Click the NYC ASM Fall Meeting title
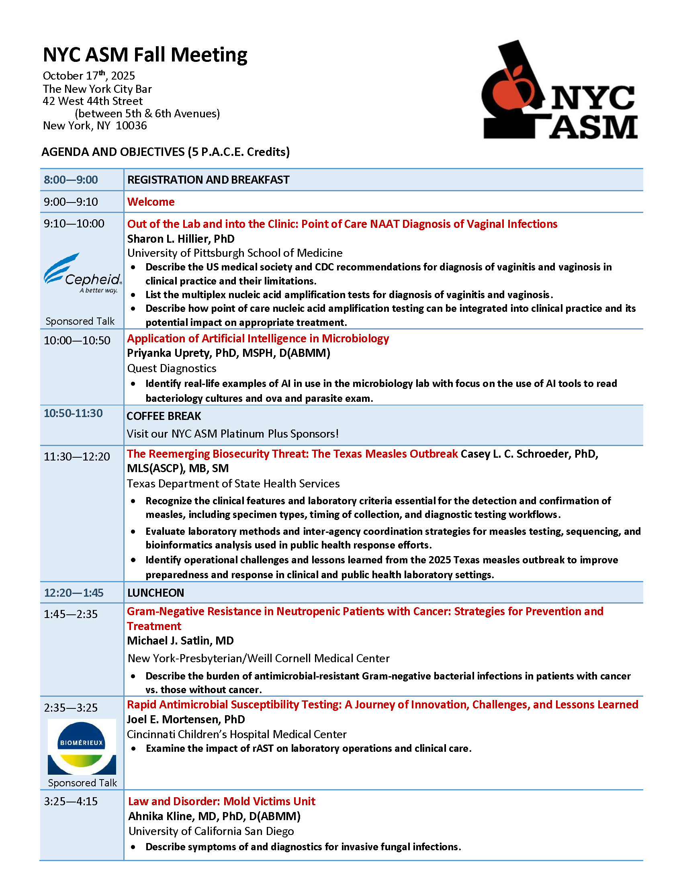click(145, 55)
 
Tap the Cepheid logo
click(82, 273)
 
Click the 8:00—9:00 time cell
click(71, 180)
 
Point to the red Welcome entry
click(151, 202)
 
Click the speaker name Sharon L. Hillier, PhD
click(181, 239)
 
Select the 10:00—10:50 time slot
click(77, 340)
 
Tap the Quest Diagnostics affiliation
click(172, 368)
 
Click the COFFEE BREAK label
click(164, 416)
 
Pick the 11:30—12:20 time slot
click(77, 456)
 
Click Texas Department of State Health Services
click(233, 484)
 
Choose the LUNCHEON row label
click(156, 593)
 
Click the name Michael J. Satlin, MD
click(180, 641)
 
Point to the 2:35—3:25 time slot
click(71, 708)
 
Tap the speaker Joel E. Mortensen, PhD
click(186, 719)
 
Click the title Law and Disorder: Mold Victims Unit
click(222, 802)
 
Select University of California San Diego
click(211, 831)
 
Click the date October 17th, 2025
click(89, 76)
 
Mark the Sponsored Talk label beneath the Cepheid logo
click(80, 321)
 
